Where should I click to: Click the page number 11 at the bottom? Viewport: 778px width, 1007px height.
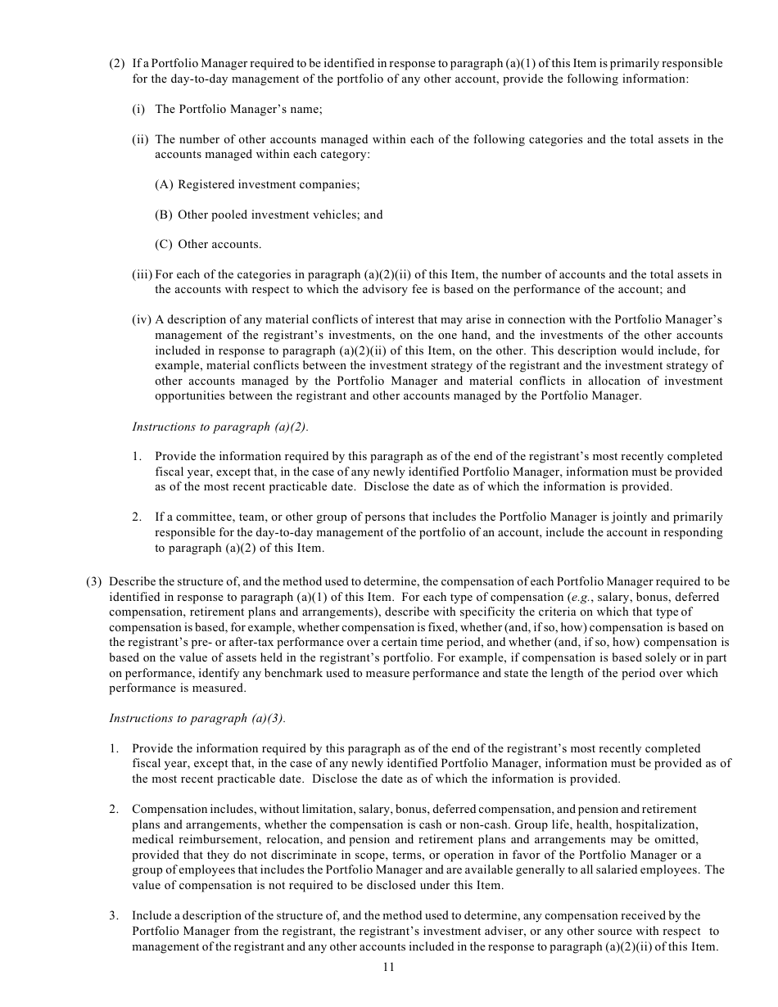point(388,967)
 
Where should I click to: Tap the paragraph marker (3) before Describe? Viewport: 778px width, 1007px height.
point(94,581)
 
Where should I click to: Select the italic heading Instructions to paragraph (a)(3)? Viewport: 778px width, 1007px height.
point(197,718)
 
